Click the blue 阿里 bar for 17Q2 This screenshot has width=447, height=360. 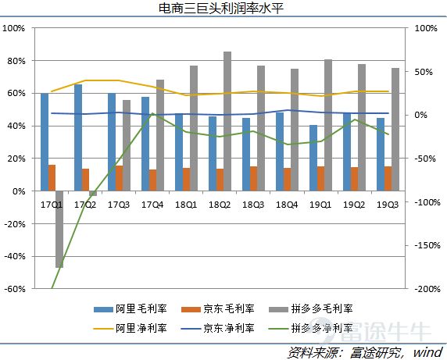point(78,137)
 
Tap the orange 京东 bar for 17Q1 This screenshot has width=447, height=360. point(52,177)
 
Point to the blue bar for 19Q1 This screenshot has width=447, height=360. point(313,158)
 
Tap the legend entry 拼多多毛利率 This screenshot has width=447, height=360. point(308,308)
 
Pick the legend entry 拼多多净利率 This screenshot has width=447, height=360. point(308,328)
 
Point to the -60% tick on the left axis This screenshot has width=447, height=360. point(14,288)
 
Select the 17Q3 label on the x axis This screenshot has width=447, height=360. point(118,204)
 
